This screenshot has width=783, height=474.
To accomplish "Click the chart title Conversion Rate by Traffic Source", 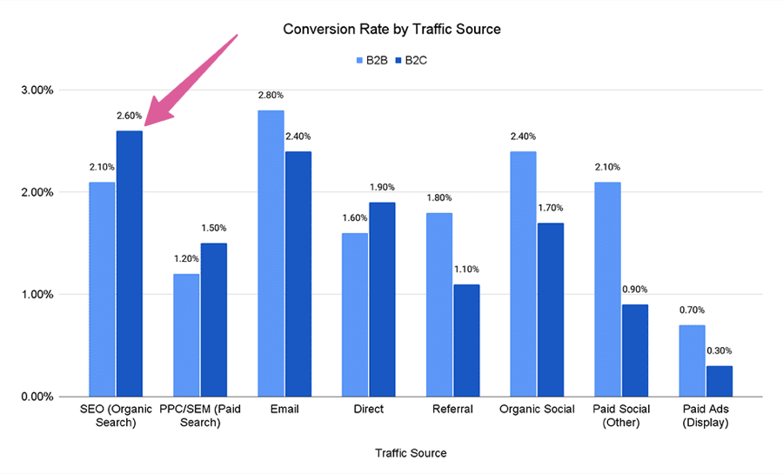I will tap(391, 30).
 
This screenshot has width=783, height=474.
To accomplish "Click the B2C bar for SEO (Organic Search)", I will tap(130, 264).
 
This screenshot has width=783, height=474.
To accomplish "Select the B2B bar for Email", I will tap(271, 253).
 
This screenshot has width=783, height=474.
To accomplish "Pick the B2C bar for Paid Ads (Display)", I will tap(719, 381).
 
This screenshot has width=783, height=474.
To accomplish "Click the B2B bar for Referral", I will tap(439, 304).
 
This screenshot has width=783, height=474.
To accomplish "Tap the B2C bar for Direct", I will tap(381, 299).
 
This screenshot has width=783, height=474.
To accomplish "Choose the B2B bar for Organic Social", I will tap(523, 274).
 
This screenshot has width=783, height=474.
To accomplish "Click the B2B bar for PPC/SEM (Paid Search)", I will tap(185, 335).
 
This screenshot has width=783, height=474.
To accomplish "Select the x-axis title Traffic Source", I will tap(411, 453).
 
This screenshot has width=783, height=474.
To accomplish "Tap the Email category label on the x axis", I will tap(284, 410).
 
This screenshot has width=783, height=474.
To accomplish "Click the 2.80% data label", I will tap(271, 95).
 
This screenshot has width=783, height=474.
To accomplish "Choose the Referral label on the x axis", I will tap(452, 410).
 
